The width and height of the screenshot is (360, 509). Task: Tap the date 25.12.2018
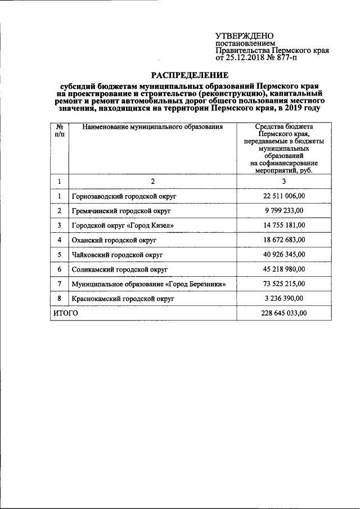(245, 58)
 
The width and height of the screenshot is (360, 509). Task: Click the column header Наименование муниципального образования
(152, 127)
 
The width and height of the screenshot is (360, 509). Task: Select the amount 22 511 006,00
(283, 196)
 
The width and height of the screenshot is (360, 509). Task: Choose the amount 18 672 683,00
(283, 240)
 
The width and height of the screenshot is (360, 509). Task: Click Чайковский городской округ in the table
(117, 255)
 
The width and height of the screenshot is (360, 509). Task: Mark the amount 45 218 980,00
(283, 269)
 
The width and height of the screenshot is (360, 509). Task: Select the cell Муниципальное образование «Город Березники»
(149, 284)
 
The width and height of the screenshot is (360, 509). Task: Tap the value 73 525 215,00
(283, 284)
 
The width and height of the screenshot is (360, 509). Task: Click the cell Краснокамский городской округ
(121, 299)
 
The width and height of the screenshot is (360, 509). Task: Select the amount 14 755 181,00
(283, 226)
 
